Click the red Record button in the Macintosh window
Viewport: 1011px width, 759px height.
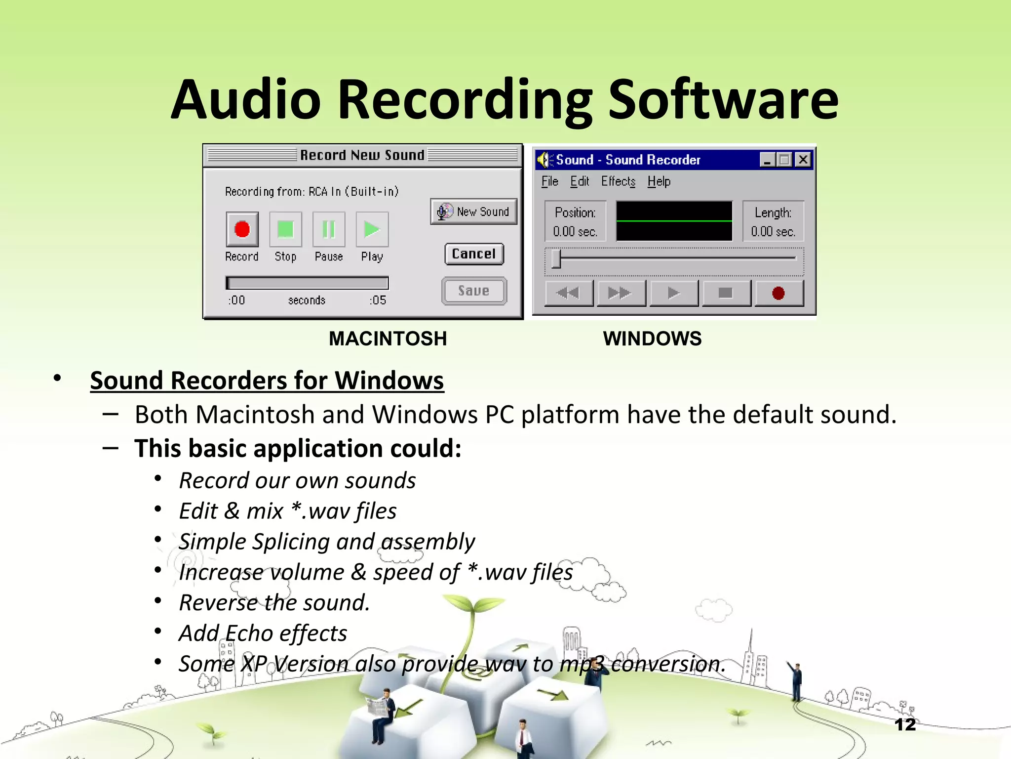[x=242, y=229]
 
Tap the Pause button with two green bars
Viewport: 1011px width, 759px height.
[x=329, y=229]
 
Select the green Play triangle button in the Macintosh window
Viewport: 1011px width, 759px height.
[x=372, y=229]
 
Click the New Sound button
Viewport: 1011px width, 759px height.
[x=474, y=211]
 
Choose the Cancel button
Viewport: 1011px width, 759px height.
[x=474, y=254]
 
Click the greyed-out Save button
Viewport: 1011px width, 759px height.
[x=474, y=291]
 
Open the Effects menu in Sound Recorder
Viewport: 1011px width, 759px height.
[x=618, y=181]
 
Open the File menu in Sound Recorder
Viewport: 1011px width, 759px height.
[x=549, y=181]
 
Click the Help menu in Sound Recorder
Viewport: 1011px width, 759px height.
[x=659, y=181]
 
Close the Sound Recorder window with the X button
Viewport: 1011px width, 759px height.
[x=803, y=160]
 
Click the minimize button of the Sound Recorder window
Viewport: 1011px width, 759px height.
[x=767, y=160]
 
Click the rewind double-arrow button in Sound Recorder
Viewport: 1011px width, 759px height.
[x=568, y=294]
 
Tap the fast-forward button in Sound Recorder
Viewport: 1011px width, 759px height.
[x=621, y=294]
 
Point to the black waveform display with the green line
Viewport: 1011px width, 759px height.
[x=674, y=221]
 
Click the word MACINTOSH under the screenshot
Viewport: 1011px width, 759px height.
[x=388, y=338]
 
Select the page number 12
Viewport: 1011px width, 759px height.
[x=905, y=724]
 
